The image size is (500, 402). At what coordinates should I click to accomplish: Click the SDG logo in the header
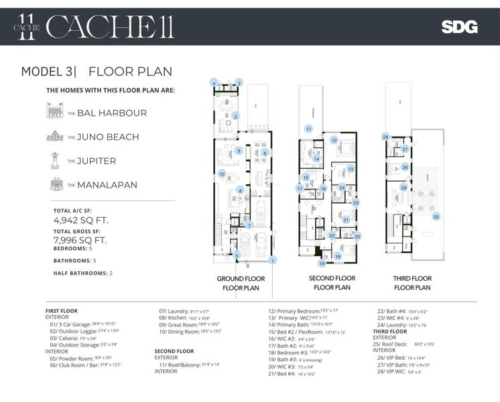[x=459, y=27]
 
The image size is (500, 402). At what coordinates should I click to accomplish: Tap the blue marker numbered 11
[x=309, y=128]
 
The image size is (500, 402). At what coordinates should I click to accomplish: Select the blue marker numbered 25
[x=436, y=216]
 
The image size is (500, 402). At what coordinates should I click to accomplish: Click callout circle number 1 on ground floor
[x=272, y=260]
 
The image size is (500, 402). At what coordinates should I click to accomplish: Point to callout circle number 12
[x=333, y=140]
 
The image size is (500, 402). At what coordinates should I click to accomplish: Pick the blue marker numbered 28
[x=385, y=137]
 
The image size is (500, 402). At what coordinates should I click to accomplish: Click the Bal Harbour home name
[x=111, y=113]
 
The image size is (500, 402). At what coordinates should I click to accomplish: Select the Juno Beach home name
[x=108, y=137]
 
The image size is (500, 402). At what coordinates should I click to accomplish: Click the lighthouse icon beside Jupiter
[x=54, y=161]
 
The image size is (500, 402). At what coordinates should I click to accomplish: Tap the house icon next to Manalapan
[x=54, y=184]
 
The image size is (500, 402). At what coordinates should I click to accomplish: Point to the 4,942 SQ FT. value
[x=80, y=219]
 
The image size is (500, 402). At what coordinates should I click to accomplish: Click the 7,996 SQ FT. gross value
[x=80, y=240]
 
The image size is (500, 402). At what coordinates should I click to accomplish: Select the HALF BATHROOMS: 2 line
[x=83, y=273]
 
